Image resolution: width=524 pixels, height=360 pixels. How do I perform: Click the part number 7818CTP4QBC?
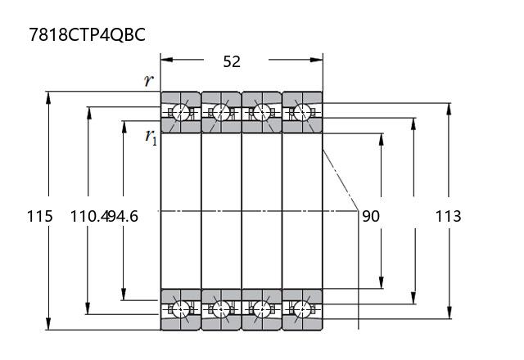click(x=87, y=34)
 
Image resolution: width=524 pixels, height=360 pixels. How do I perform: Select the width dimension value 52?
click(x=232, y=62)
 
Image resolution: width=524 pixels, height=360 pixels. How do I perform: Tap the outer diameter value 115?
click(x=39, y=216)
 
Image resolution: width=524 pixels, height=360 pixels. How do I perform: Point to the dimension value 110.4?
click(x=88, y=216)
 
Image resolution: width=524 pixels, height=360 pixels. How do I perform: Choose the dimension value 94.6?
click(x=123, y=216)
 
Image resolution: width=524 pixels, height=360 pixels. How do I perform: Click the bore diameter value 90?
click(x=371, y=216)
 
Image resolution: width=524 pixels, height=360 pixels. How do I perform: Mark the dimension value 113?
click(x=448, y=216)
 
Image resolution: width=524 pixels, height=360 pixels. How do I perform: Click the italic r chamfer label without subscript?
click(x=149, y=80)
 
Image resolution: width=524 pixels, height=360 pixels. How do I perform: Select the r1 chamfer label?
click(x=151, y=137)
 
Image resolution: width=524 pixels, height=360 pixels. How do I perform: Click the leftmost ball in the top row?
click(x=181, y=112)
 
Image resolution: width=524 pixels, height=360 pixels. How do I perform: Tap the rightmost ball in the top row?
click(x=302, y=112)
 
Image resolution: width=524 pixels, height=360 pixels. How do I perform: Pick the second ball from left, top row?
click(x=221, y=112)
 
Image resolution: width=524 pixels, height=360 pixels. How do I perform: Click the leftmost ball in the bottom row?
click(x=181, y=309)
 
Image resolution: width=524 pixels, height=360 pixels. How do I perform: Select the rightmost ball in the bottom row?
click(x=302, y=309)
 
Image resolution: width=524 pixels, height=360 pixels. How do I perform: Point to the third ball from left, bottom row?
click(x=262, y=309)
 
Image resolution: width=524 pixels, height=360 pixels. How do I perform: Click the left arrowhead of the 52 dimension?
click(x=167, y=60)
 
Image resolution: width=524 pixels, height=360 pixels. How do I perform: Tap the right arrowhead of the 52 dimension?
click(x=317, y=60)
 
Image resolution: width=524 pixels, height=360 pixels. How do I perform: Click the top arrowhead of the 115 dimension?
click(x=48, y=98)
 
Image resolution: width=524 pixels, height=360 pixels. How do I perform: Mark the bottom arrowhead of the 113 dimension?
click(x=449, y=313)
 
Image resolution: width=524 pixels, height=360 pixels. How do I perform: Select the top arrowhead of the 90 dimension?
click(x=382, y=140)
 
